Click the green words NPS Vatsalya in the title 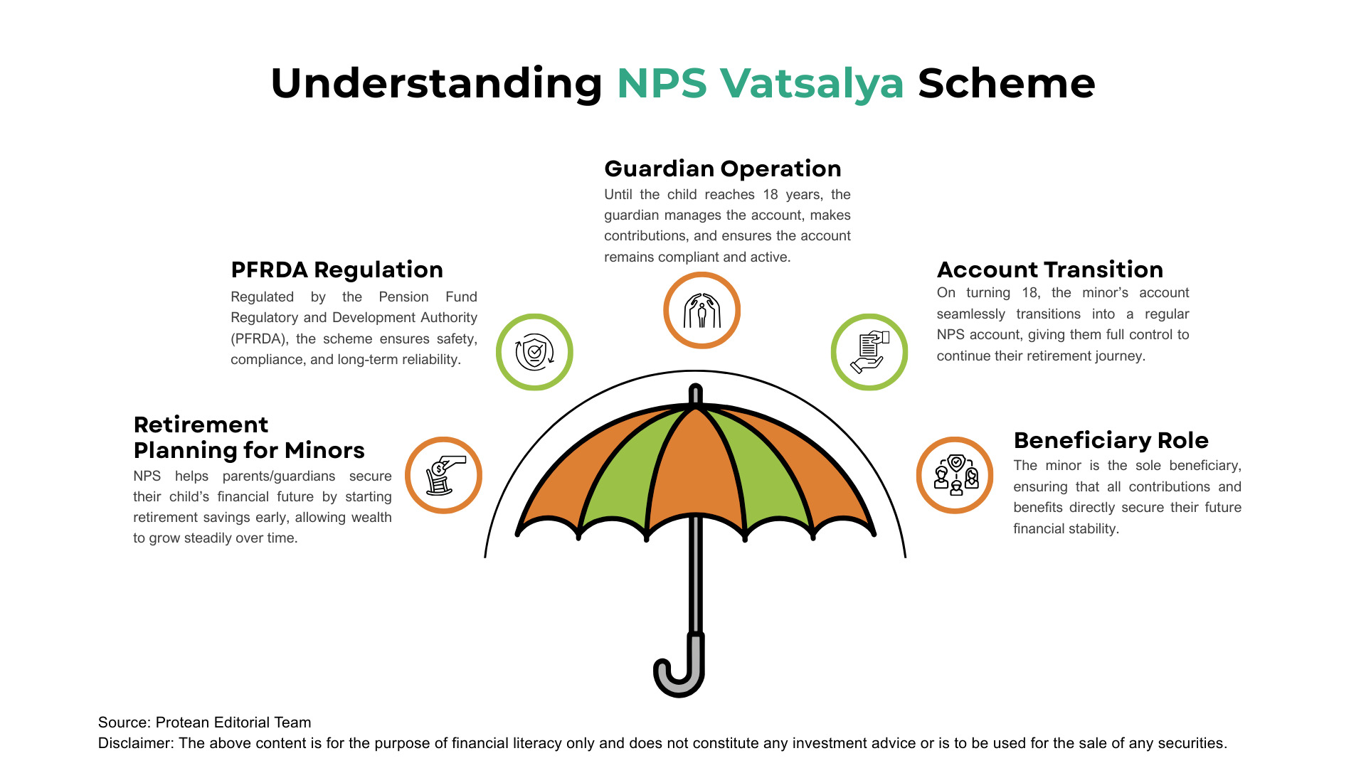(x=760, y=84)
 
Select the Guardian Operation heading (x=722, y=169)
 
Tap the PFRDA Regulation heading (x=337, y=270)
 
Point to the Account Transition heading (x=1049, y=270)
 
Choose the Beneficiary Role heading (x=1111, y=440)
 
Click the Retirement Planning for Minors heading (x=248, y=437)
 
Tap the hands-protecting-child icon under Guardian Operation (x=701, y=311)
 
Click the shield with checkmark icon (x=534, y=352)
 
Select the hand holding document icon (x=869, y=352)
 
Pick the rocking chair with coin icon (x=443, y=475)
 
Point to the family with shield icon (x=955, y=475)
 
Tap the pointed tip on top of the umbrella (x=696, y=393)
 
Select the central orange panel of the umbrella (x=695, y=469)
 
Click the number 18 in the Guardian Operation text (x=771, y=195)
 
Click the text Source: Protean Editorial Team (x=205, y=722)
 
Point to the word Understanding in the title (x=436, y=84)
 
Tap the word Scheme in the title (x=1006, y=84)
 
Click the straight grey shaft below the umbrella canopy (x=697, y=576)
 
